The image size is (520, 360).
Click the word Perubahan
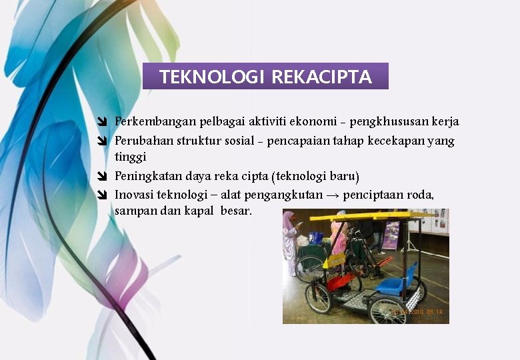pos(139,141)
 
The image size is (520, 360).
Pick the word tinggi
pos(130,157)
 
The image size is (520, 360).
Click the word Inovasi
pos(132,195)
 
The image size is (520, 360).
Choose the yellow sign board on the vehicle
pos(333,261)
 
